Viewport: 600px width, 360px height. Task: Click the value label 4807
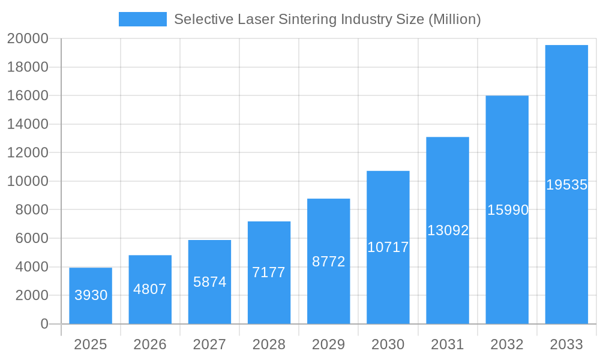[x=150, y=289]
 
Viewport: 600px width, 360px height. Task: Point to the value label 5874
[x=209, y=282]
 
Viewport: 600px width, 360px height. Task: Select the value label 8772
[x=329, y=262]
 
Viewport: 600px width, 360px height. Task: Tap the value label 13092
[x=448, y=230]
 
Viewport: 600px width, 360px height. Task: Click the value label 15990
[x=508, y=210]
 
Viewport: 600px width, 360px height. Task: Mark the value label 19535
[x=566, y=185]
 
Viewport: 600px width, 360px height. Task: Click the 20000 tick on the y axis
[x=28, y=39]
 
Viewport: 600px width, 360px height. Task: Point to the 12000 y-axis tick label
[x=28, y=153]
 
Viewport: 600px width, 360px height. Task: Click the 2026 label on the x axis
[x=150, y=344]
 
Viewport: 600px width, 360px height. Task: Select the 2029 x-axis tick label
[x=329, y=344]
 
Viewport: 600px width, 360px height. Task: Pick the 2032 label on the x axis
[x=507, y=344]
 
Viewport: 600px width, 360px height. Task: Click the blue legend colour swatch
[x=143, y=19]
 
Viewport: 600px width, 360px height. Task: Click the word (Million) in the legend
[x=454, y=19]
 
